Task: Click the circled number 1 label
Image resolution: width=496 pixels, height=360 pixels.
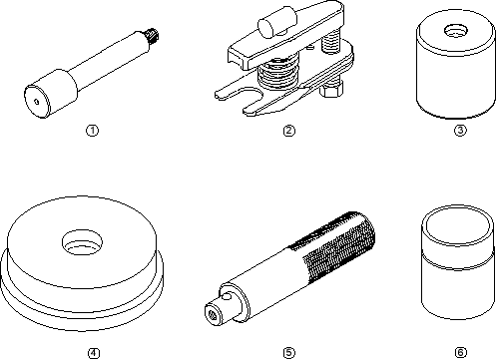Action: [92, 131]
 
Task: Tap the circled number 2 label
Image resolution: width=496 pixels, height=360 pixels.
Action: [288, 131]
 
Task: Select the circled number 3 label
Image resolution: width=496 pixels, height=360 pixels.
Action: [460, 130]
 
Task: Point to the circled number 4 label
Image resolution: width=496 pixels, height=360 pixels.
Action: [94, 353]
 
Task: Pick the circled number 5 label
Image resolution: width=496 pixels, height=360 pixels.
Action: [288, 353]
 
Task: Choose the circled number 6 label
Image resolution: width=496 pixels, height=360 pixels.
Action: [460, 352]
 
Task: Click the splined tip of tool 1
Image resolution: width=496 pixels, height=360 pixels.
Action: [153, 36]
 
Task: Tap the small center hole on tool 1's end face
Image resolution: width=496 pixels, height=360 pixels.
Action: [37, 102]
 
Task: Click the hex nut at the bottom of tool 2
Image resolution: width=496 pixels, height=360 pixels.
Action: [330, 89]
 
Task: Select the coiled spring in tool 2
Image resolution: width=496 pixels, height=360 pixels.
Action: [277, 73]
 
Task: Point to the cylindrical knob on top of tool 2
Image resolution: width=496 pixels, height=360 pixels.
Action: [276, 22]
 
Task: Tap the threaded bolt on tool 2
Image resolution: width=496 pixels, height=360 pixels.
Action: [331, 43]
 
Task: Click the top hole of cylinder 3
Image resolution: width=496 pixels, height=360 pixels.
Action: [456, 31]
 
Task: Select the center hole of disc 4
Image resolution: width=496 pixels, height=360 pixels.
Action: [82, 242]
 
